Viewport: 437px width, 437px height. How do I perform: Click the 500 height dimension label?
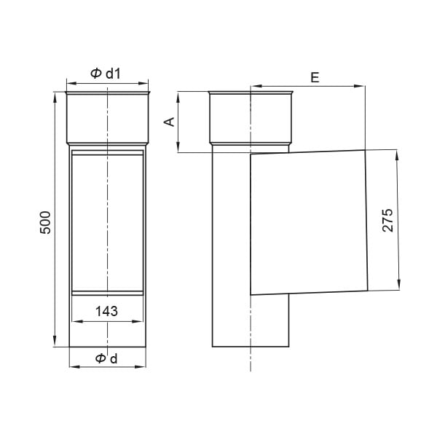[45, 222]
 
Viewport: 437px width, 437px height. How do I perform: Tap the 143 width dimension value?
[106, 311]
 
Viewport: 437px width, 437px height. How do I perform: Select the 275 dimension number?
[387, 220]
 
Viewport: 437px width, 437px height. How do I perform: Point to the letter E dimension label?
[315, 77]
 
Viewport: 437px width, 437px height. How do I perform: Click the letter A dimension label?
[169, 122]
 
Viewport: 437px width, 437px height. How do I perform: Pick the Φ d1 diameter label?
[106, 74]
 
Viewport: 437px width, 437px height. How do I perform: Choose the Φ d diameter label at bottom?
[106, 358]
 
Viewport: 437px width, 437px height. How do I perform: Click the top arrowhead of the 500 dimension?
[55, 97]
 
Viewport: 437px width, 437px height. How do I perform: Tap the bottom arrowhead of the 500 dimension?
[55, 342]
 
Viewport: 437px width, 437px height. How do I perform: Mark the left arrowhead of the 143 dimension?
[77, 321]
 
